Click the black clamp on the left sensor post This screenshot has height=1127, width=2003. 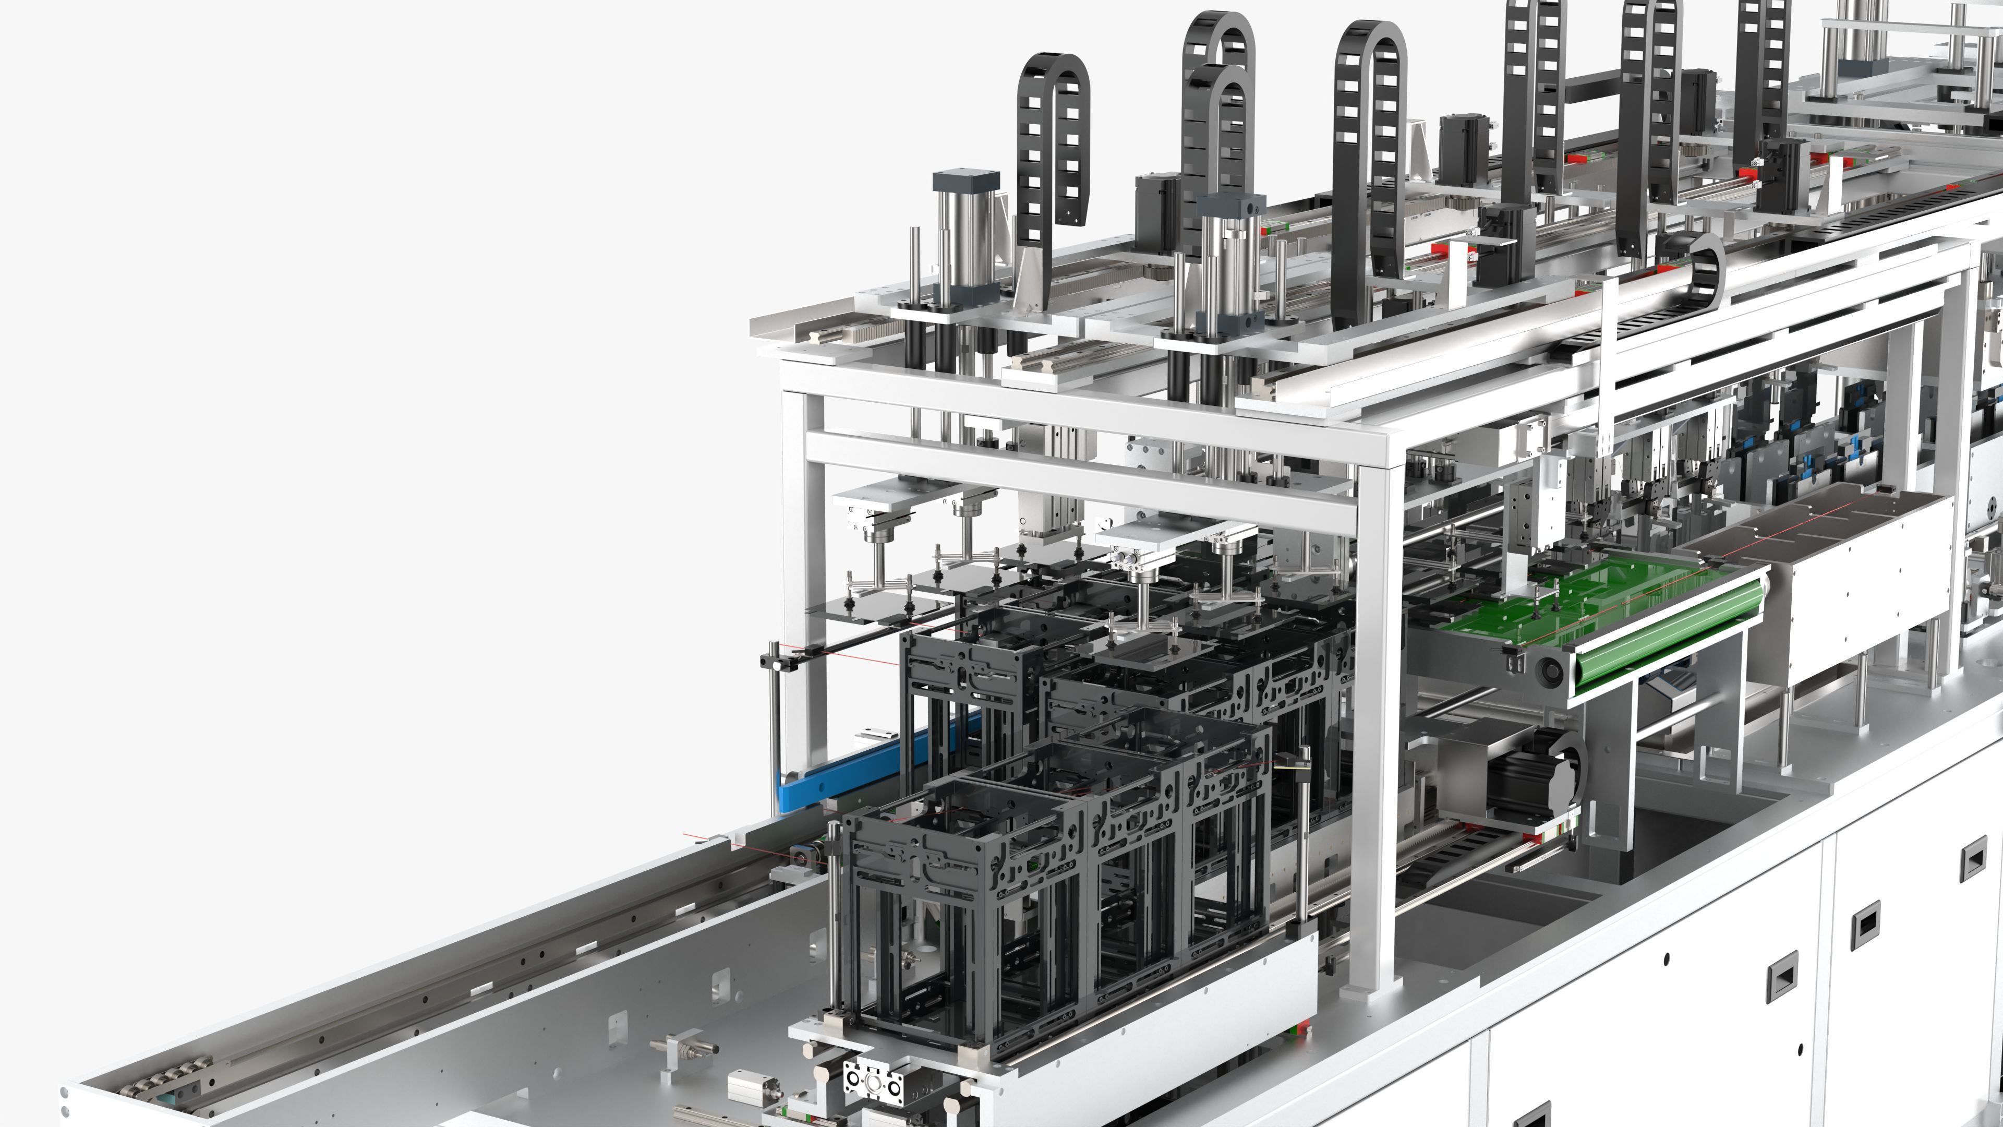[x=778, y=662]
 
